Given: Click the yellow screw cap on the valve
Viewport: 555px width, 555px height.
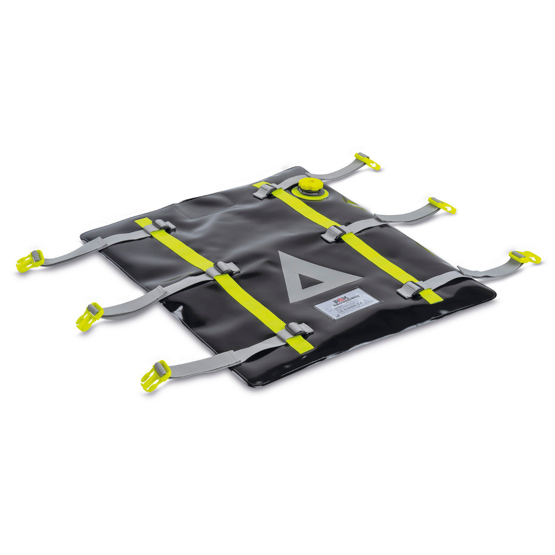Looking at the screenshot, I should point(307,184).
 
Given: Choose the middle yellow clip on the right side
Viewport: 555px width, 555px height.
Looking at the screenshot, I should point(442,205).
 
